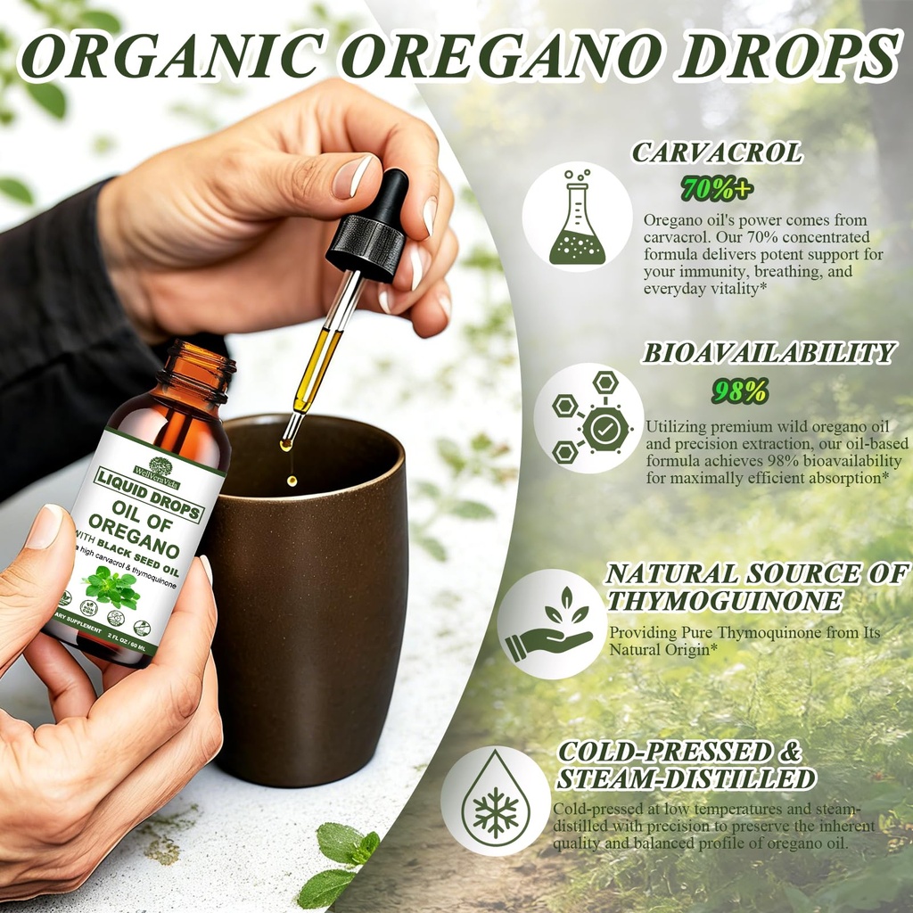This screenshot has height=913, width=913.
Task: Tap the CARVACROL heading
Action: coord(717,152)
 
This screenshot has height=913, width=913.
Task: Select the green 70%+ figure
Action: coord(717,188)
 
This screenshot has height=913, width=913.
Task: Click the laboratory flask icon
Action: coord(577,218)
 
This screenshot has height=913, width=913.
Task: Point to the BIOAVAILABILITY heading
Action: coord(769,353)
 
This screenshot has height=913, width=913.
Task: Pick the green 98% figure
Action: coord(739,391)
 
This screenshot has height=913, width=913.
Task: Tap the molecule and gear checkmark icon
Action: coord(589,417)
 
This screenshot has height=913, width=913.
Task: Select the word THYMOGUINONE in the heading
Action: coord(724,602)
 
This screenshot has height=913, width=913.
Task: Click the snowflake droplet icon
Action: coord(496,801)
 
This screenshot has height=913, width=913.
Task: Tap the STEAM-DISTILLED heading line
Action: coord(686,779)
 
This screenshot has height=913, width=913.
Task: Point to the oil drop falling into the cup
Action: coord(292,481)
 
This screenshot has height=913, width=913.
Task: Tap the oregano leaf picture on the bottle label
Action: coord(112,588)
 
